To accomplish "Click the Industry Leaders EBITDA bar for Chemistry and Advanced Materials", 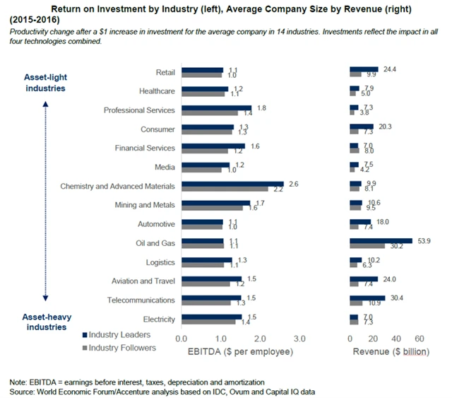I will click(x=232, y=184).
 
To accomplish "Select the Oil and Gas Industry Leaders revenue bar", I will click(x=381, y=241).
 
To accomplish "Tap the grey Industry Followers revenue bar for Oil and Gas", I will click(x=367, y=247).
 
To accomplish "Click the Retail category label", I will click(x=165, y=72).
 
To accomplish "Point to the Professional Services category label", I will click(x=139, y=110).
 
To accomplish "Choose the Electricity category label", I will click(x=159, y=320).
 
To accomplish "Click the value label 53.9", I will click(x=424, y=241).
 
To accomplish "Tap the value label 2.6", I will click(x=293, y=184).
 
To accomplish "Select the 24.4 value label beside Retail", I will click(x=390, y=69).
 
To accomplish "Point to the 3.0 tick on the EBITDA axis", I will click(x=299, y=338).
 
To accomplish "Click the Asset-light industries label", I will click(x=45, y=83).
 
